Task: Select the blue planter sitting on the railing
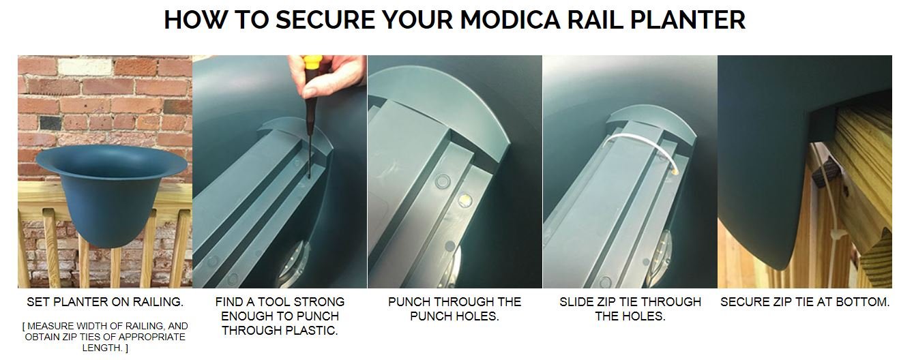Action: point(111,194)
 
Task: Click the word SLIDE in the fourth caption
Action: point(574,302)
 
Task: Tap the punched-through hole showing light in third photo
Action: point(465,199)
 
